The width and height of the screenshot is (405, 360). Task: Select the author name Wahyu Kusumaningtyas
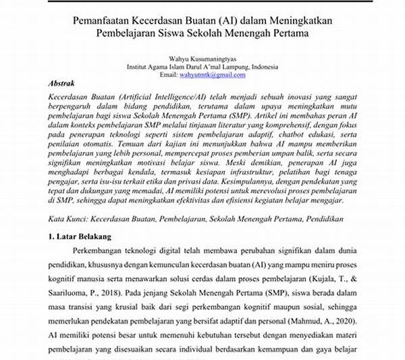(202, 59)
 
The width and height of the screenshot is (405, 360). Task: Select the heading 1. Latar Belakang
(82, 238)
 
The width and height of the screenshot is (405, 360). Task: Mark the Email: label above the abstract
(168, 74)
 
